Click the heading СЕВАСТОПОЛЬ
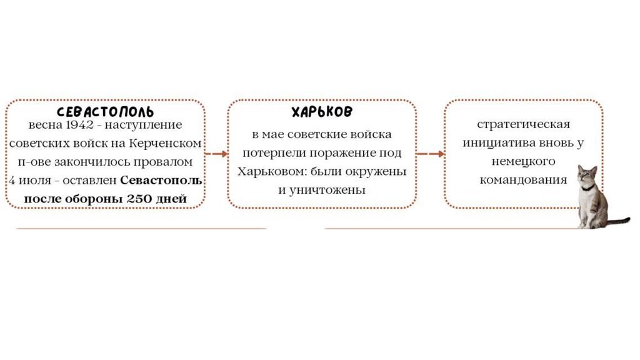pyautogui.click(x=105, y=112)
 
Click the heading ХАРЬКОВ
pyautogui.click(x=322, y=112)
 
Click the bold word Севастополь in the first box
pyautogui.click(x=161, y=181)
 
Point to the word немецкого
pyautogui.click(x=523, y=161)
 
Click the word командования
pyautogui.click(x=523, y=180)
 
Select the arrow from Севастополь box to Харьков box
pyautogui.click(x=216, y=153)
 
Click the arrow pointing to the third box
pyautogui.click(x=431, y=153)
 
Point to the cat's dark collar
pyautogui.click(x=587, y=187)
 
